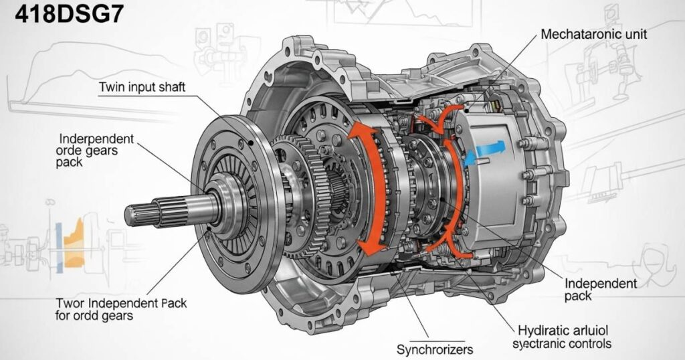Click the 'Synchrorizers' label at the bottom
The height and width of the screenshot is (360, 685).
point(433,349)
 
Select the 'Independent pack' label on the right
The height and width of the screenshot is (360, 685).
point(600,289)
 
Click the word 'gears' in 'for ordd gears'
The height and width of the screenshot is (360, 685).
point(114,316)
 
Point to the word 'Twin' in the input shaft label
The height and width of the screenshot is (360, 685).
point(111,88)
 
